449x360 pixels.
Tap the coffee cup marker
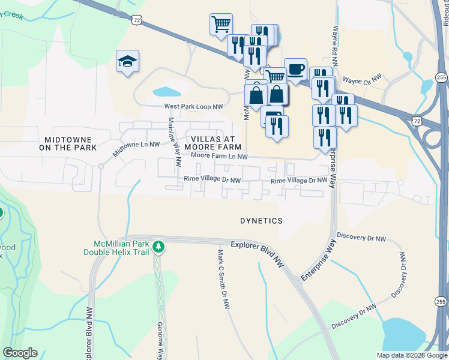pos(295,70)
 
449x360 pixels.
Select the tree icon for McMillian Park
pos(158,247)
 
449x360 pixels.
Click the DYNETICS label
pos(261,221)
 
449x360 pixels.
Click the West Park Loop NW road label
pos(194,107)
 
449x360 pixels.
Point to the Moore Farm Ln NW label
pos(219,157)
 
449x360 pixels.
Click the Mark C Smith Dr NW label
pos(222,280)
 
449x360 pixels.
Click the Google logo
pos(20,353)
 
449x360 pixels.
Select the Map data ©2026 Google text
pos(411,355)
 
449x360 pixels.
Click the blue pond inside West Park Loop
pos(166,92)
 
